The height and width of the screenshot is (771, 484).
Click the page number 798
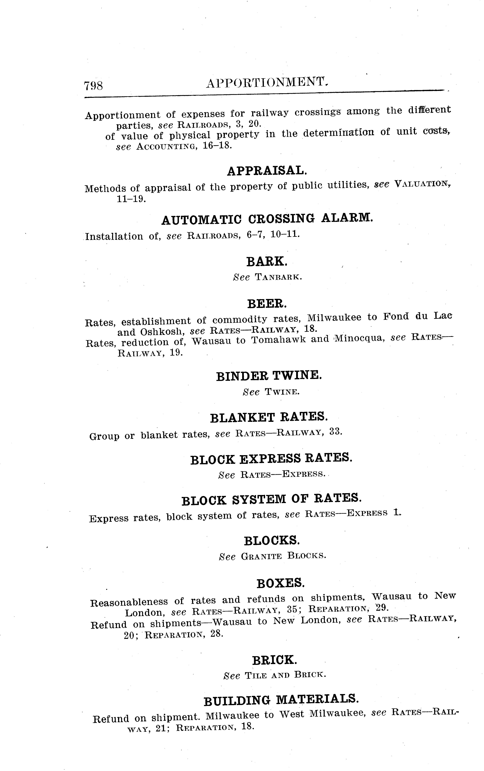pyautogui.click(x=93, y=86)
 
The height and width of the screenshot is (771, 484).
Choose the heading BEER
pyautogui.click(x=267, y=303)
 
